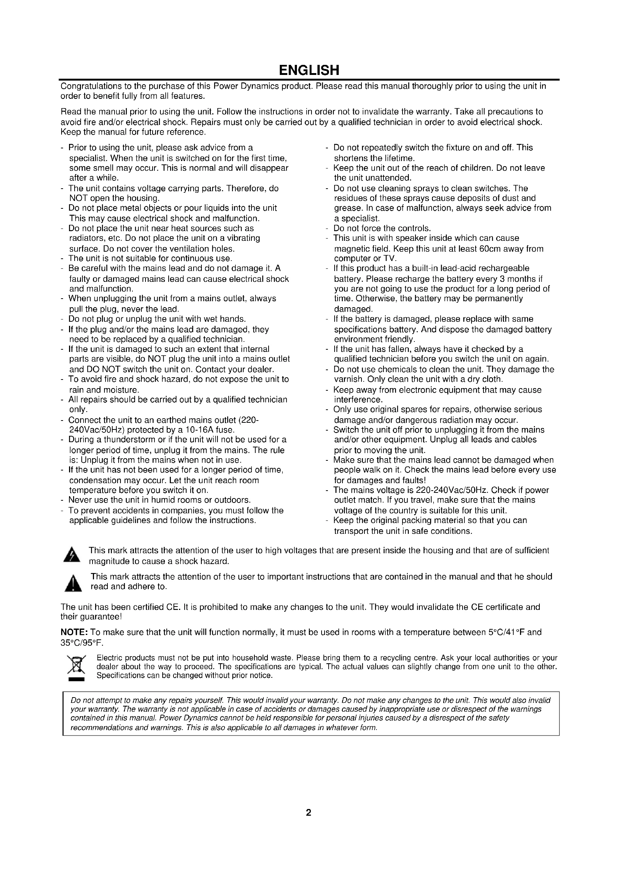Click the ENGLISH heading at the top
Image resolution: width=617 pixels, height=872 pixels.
[308, 70]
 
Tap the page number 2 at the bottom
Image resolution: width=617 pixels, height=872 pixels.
[308, 812]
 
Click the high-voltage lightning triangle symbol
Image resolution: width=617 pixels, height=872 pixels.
[72, 555]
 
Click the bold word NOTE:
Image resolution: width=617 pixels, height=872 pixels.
[75, 632]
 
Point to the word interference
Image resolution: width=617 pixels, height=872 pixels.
[358, 400]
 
